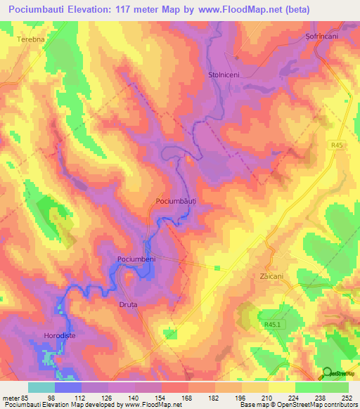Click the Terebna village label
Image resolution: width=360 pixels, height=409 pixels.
[x=31, y=40]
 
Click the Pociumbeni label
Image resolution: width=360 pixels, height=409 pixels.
[x=136, y=260]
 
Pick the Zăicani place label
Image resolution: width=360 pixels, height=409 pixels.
[x=274, y=276]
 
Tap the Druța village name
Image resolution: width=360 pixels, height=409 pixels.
[x=128, y=304]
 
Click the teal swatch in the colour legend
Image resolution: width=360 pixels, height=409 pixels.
[x=41, y=387]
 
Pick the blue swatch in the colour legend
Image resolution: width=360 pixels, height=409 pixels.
[x=67, y=387]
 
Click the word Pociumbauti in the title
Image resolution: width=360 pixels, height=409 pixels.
[x=44, y=11]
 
